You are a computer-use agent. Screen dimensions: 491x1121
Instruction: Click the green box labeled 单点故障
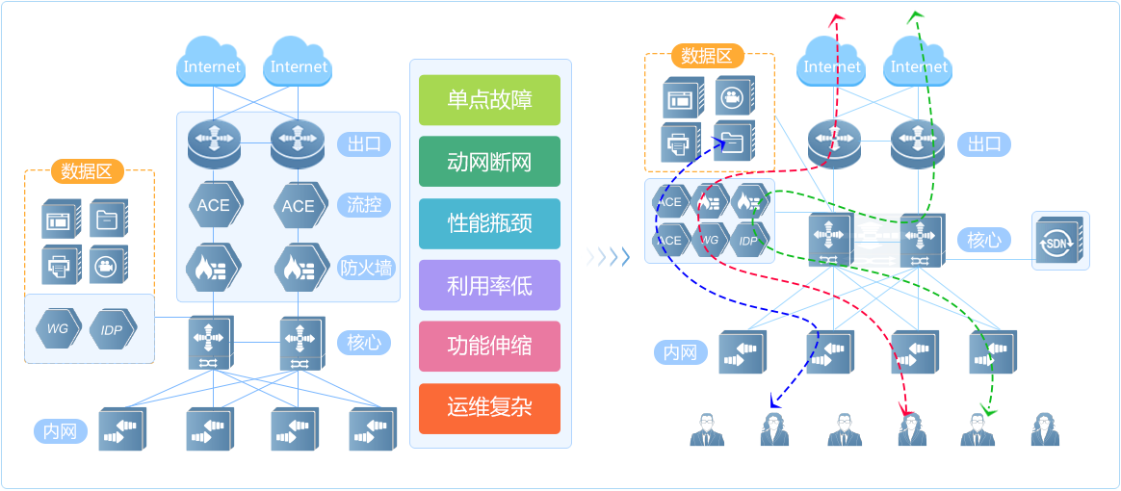point(489,100)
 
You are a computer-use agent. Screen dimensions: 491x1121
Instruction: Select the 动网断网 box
point(489,162)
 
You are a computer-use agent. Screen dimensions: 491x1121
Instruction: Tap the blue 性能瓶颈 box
point(489,223)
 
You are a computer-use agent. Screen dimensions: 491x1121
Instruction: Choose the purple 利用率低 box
point(489,285)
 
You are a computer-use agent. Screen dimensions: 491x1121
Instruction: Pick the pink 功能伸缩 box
point(489,347)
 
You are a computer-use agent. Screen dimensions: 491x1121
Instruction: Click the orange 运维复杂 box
point(489,407)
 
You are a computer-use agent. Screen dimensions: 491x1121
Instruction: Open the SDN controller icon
point(1060,240)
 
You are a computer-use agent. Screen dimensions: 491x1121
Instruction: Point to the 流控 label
point(364,204)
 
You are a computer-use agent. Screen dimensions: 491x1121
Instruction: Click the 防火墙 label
point(367,268)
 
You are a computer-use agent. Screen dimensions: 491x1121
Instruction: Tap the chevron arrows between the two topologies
point(608,256)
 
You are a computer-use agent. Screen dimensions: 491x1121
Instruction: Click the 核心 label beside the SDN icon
point(983,240)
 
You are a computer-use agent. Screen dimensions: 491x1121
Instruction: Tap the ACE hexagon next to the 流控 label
point(298,205)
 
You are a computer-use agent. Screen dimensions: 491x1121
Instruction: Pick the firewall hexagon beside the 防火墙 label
point(298,268)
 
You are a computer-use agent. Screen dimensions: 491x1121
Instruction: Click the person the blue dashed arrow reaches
point(774,429)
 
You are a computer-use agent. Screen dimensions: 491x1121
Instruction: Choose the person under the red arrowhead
point(910,429)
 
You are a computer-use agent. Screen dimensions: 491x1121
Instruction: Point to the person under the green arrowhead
point(978,429)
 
